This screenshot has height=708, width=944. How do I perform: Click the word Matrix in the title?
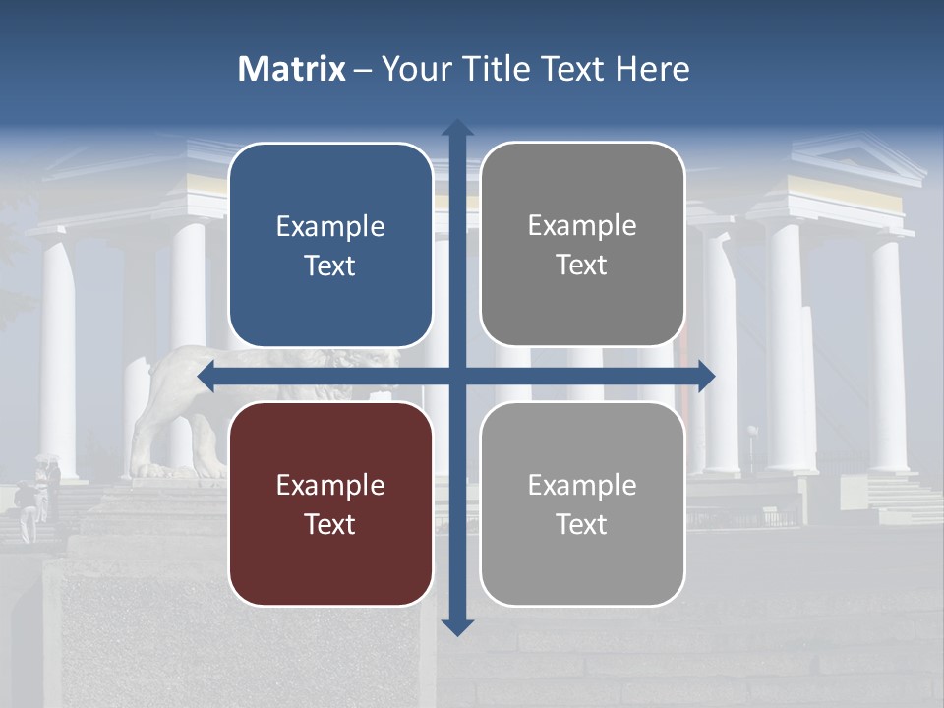pyautogui.click(x=291, y=69)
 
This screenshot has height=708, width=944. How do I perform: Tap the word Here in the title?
pyautogui.click(x=652, y=69)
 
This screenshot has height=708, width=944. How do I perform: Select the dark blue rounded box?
pyautogui.click(x=330, y=245)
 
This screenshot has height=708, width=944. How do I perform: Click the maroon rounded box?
pyautogui.click(x=330, y=503)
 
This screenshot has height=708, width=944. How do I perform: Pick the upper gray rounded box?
pyautogui.click(x=582, y=244)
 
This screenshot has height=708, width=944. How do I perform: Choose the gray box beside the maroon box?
pyautogui.click(x=582, y=503)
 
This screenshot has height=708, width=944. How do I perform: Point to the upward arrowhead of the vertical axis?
pyautogui.click(x=456, y=129)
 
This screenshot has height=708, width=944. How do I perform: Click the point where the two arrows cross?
pyautogui.click(x=456, y=376)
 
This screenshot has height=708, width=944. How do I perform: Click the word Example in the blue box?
pyautogui.click(x=330, y=227)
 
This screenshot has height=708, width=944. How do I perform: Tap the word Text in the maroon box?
pyautogui.click(x=330, y=524)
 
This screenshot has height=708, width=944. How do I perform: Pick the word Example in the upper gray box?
pyautogui.click(x=582, y=226)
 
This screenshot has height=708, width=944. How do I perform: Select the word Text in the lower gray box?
pyautogui.click(x=582, y=524)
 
